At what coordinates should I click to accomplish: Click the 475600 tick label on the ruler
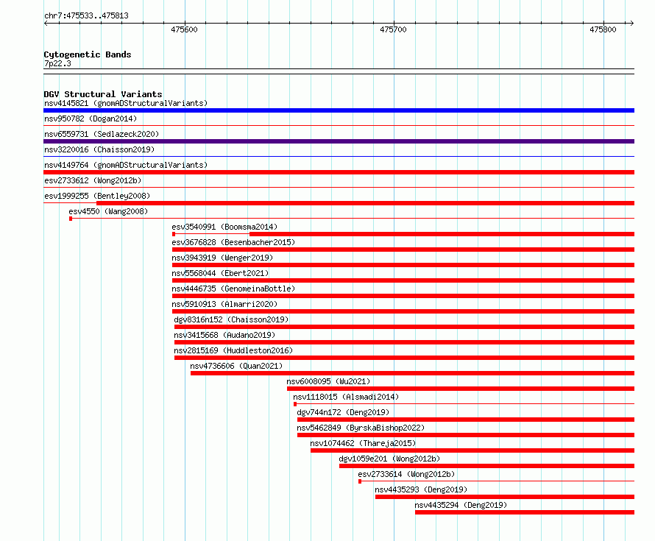[x=184, y=29]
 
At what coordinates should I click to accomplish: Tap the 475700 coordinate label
[x=393, y=29]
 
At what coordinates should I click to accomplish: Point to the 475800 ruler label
[x=603, y=29]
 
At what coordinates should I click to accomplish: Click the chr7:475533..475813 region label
[x=86, y=16]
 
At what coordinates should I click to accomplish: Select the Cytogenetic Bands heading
[x=88, y=54]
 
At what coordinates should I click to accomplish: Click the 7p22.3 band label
[x=57, y=63]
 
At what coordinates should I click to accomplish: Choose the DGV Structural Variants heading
[x=103, y=94]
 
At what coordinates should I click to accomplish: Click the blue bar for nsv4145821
[x=339, y=110]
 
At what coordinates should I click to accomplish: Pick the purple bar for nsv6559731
[x=339, y=141]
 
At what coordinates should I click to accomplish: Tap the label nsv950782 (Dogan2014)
[x=91, y=119]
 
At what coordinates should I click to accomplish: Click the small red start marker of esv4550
[x=71, y=219]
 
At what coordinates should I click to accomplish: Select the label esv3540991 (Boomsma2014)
[x=224, y=227]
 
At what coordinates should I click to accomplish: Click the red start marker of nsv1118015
[x=295, y=404]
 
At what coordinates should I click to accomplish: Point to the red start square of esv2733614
[x=360, y=481]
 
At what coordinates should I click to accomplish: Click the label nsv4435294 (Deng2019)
[x=461, y=505]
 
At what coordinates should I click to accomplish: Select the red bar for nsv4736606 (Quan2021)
[x=412, y=373]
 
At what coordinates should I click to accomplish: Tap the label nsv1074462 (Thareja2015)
[x=363, y=443]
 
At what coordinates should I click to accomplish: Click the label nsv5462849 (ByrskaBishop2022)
[x=361, y=428]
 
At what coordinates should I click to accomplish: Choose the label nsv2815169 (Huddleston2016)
[x=233, y=350]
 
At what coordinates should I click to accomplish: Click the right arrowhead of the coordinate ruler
[x=632, y=23]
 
